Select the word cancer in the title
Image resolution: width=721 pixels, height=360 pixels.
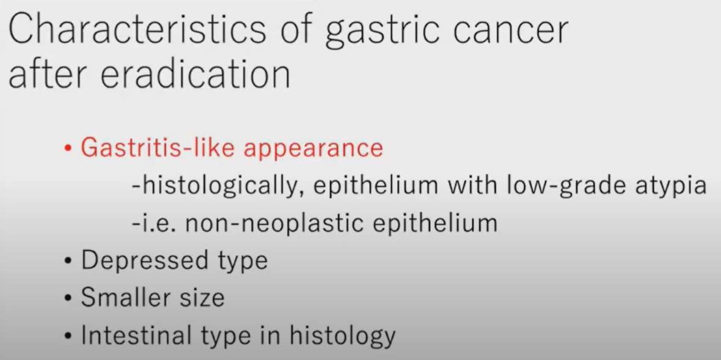(x=510, y=33)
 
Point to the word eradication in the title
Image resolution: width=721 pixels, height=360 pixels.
(x=195, y=74)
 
